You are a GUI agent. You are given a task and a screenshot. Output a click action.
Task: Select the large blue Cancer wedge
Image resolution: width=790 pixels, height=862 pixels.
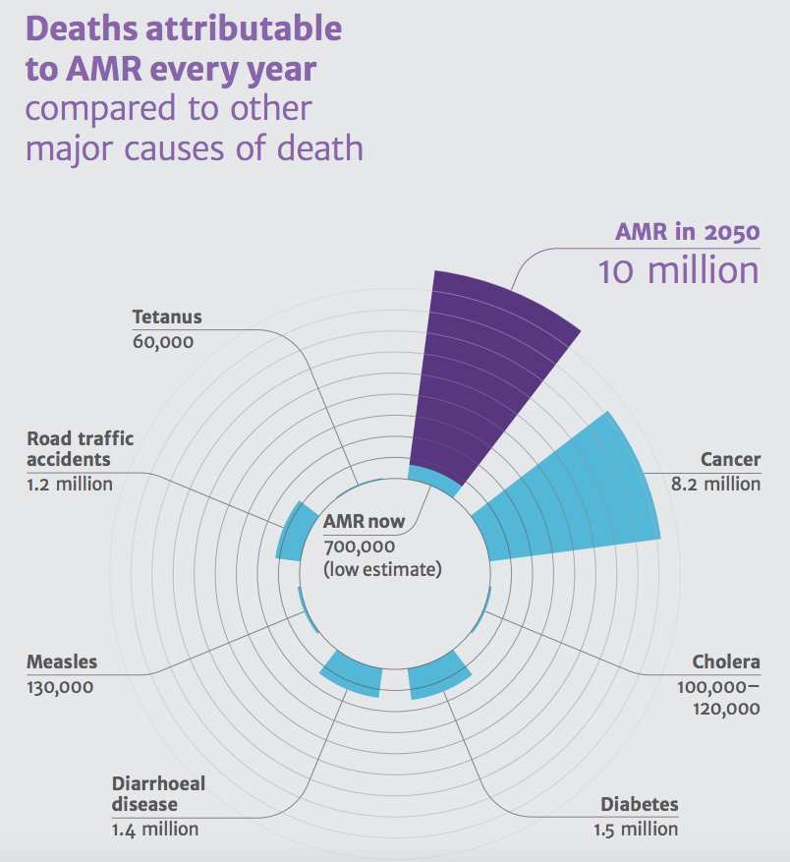pos(580,496)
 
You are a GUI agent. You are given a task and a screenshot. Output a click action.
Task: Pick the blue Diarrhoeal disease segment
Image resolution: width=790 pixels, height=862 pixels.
pos(352,674)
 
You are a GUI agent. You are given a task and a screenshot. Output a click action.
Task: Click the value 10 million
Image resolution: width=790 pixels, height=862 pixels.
pos(678,270)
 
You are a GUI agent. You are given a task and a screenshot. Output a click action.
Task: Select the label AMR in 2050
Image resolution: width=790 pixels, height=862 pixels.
pos(687,233)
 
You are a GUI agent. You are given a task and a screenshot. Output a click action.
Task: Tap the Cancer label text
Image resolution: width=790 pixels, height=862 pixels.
pos(730,459)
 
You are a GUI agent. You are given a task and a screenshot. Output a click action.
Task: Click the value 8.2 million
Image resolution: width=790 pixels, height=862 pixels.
pos(715,484)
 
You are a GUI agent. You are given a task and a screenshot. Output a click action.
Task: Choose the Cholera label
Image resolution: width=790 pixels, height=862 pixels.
pos(725,661)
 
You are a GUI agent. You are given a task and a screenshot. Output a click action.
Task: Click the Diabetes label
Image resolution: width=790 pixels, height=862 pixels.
pos(639,804)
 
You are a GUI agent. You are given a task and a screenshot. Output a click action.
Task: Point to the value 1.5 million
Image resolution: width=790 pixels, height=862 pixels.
pos(635,829)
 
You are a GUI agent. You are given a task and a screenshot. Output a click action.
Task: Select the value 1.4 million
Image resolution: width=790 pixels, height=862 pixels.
pos(154,829)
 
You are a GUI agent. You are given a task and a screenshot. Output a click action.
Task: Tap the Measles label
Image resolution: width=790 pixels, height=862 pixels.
pos(62,661)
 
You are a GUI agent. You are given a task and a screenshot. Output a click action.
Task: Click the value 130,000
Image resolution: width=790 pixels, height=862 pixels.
pos(60,687)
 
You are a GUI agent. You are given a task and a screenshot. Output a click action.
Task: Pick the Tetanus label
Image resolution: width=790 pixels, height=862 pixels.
pos(166,316)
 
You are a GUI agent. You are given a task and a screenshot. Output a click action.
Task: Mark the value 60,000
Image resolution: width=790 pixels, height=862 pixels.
pos(162,342)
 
